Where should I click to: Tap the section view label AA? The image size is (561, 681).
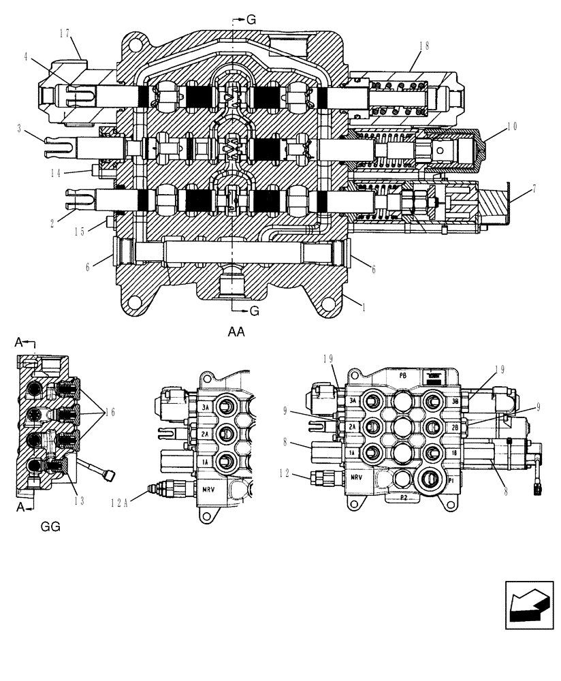tap(236, 332)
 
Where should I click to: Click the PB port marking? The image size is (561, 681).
tap(402, 375)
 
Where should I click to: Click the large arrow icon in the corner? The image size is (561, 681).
tap(528, 605)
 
